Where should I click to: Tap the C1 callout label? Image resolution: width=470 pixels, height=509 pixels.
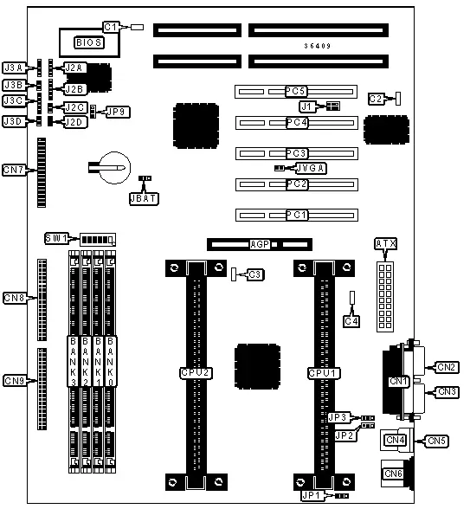[110, 28]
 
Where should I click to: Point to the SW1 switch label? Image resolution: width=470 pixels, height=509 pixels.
[56, 238]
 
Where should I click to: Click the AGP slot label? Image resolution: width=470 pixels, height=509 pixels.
[258, 245]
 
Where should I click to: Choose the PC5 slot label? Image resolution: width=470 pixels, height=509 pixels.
[297, 91]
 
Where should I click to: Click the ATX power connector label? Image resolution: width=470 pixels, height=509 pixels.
[384, 245]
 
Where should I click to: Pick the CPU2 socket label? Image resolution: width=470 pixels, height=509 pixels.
[194, 372]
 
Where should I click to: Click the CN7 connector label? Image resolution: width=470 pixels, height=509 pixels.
[14, 170]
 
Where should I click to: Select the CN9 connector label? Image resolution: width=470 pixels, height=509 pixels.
[15, 380]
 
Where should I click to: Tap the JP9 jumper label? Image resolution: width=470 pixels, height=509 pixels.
[117, 112]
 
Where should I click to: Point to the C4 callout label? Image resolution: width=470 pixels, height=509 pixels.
[351, 321]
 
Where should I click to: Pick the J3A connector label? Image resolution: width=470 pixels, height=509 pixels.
[13, 67]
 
